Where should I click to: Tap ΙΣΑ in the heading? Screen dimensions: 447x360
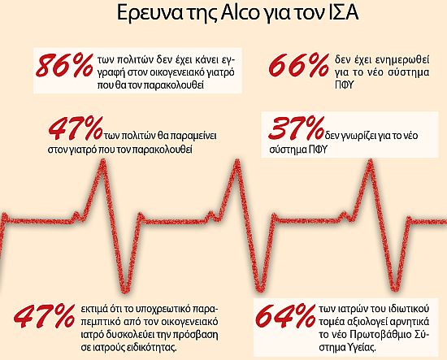[x=342, y=14]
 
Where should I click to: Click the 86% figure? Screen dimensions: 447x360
[x=64, y=67]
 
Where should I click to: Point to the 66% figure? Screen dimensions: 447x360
[x=299, y=66]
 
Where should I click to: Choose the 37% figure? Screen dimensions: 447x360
[x=296, y=128]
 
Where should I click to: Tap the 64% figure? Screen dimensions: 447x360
[x=287, y=317]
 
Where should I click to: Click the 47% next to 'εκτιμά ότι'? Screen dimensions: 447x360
[x=44, y=317]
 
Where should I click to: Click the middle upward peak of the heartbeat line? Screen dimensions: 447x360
[x=237, y=162]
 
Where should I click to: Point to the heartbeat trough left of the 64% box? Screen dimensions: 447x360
[x=260, y=289]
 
